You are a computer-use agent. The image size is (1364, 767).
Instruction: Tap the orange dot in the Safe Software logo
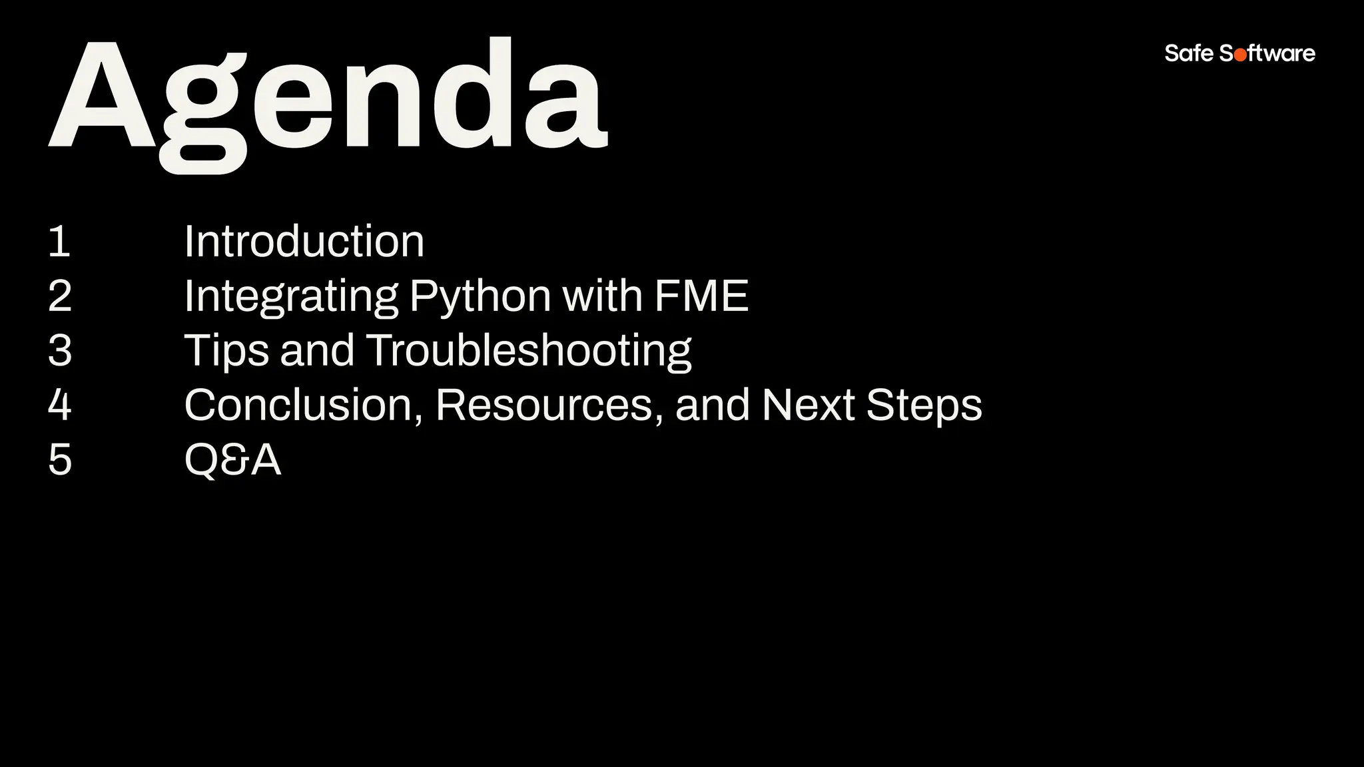(1240, 55)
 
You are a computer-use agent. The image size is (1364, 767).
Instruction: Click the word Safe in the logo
(1189, 53)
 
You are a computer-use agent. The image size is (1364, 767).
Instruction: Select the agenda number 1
(59, 241)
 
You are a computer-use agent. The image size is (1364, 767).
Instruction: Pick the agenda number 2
(60, 296)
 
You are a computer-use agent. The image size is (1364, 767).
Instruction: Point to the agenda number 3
(60, 350)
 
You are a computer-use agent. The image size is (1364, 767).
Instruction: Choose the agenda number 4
(60, 405)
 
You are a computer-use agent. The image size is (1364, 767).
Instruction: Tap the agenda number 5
(60, 459)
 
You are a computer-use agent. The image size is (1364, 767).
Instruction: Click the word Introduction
(304, 241)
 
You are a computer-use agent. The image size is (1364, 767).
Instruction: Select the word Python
(480, 297)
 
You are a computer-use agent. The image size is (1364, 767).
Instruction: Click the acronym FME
(701, 296)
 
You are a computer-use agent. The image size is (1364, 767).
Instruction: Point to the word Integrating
(291, 297)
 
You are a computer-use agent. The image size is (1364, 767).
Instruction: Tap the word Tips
(226, 352)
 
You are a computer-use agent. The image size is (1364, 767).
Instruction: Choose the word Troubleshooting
(529, 352)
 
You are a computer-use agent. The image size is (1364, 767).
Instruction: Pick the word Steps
(924, 406)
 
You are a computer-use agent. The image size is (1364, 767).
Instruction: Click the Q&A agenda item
(232, 459)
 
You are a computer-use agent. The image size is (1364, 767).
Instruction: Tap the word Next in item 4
(808, 405)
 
